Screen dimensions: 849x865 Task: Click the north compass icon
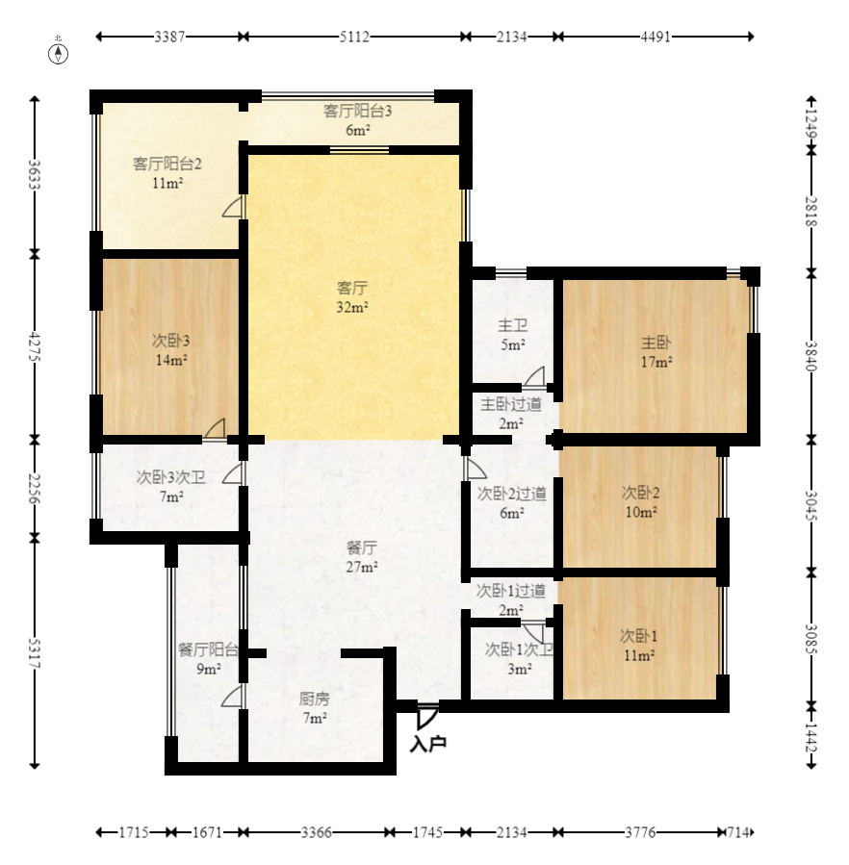(x=59, y=54)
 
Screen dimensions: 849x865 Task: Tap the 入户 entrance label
(x=427, y=744)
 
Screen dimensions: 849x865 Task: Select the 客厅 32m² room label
(x=352, y=297)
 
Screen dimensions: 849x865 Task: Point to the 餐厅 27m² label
(x=362, y=557)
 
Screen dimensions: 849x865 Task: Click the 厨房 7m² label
(x=314, y=708)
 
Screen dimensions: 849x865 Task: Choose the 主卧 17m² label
(x=656, y=352)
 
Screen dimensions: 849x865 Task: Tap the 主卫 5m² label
(x=512, y=335)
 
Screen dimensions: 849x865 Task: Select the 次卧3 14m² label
(x=171, y=350)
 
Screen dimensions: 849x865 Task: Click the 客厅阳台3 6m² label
(x=357, y=120)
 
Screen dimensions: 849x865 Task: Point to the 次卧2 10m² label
(x=640, y=502)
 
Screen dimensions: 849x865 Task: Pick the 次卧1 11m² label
(x=639, y=646)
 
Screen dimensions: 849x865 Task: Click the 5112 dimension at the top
(x=354, y=37)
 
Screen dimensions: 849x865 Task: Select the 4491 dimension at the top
(x=656, y=37)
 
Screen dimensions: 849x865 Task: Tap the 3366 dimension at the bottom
(x=317, y=832)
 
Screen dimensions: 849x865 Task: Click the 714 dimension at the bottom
(x=737, y=832)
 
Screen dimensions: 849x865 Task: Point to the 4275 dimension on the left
(x=35, y=346)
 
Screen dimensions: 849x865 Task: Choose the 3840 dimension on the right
(x=810, y=356)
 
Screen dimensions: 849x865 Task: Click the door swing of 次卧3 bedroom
(x=215, y=429)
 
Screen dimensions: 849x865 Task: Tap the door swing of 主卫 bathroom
(x=534, y=376)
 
